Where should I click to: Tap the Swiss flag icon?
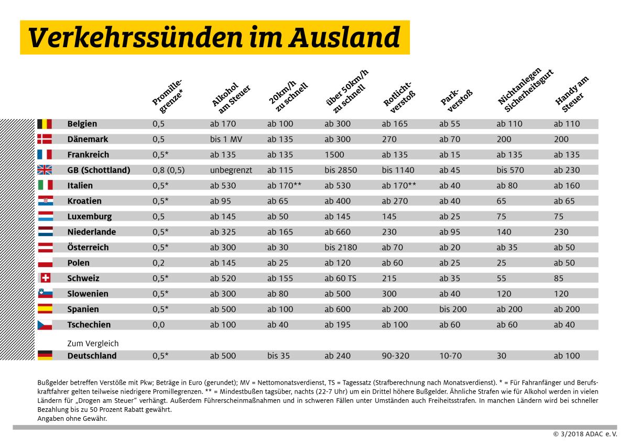click(x=45, y=278)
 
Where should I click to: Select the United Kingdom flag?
click(x=45, y=170)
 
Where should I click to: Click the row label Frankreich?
click(x=88, y=155)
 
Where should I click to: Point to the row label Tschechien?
click(x=89, y=325)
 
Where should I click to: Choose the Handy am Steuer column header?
click(x=571, y=94)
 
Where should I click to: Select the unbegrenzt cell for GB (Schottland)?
click(x=231, y=170)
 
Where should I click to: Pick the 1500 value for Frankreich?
click(x=334, y=155)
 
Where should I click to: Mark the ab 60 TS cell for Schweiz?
click(x=341, y=278)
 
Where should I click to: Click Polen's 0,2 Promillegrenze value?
click(x=158, y=263)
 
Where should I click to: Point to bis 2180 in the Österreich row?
click(x=340, y=247)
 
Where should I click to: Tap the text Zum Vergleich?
click(x=93, y=344)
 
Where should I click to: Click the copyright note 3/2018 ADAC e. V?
click(x=586, y=435)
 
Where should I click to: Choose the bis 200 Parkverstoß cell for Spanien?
click(x=452, y=309)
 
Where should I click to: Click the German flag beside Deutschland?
click(x=45, y=356)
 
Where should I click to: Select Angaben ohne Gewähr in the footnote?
click(x=72, y=418)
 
